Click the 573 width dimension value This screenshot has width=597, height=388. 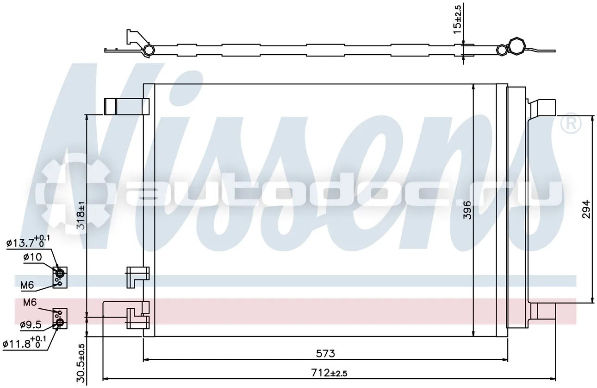(x=325, y=353)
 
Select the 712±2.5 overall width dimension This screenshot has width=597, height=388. (x=329, y=373)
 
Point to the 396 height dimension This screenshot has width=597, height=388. (x=467, y=210)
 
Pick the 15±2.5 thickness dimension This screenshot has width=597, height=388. (x=458, y=20)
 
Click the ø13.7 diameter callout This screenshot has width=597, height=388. (x=28, y=242)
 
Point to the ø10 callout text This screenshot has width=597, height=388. (x=33, y=257)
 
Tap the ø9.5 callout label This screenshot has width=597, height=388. (x=31, y=324)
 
